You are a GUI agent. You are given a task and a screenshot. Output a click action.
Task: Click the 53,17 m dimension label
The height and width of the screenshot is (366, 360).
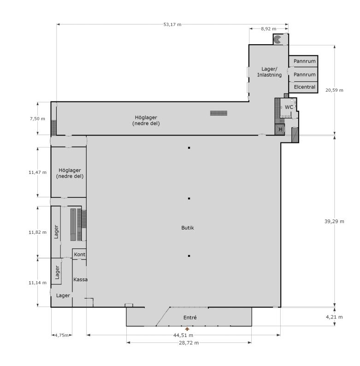click(172, 24)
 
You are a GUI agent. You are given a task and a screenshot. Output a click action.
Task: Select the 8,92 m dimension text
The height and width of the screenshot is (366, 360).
click(268, 29)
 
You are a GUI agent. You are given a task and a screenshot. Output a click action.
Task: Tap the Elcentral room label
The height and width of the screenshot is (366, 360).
click(304, 87)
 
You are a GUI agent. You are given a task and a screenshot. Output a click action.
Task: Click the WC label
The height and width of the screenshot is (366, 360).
click(289, 107)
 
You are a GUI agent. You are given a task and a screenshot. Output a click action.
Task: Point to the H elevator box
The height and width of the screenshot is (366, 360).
click(280, 130)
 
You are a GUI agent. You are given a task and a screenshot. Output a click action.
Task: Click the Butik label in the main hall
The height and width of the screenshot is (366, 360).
click(188, 228)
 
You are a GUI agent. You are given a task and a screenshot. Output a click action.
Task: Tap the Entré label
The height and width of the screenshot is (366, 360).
click(190, 318)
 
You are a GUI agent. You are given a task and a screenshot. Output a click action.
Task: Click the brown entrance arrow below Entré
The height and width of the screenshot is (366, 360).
click(187, 329)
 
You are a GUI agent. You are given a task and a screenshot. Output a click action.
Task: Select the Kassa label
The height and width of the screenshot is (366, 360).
click(80, 279)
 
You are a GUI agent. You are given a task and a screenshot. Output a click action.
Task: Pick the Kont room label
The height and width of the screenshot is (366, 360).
click(80, 254)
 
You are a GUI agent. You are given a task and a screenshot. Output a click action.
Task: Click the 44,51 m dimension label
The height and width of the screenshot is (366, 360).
click(183, 335)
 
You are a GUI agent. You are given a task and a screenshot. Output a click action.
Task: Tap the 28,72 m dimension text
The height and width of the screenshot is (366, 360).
click(189, 342)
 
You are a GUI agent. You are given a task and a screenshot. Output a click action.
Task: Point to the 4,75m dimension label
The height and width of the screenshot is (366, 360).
click(62, 335)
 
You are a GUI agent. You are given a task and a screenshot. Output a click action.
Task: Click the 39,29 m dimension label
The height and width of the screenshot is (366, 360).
click(334, 221)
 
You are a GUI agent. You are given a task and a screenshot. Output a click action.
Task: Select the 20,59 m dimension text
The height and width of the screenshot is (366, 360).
click(334, 90)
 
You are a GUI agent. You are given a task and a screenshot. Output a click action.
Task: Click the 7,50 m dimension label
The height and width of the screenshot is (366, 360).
click(37, 118)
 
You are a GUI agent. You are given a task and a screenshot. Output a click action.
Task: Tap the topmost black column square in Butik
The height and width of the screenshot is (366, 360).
click(189, 148)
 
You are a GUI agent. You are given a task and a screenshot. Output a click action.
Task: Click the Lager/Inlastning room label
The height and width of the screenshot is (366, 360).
click(269, 72)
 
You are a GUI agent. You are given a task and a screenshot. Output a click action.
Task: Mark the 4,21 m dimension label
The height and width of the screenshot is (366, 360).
click(334, 317)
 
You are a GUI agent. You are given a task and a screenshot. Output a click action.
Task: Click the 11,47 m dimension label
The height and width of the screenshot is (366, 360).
click(37, 172)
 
